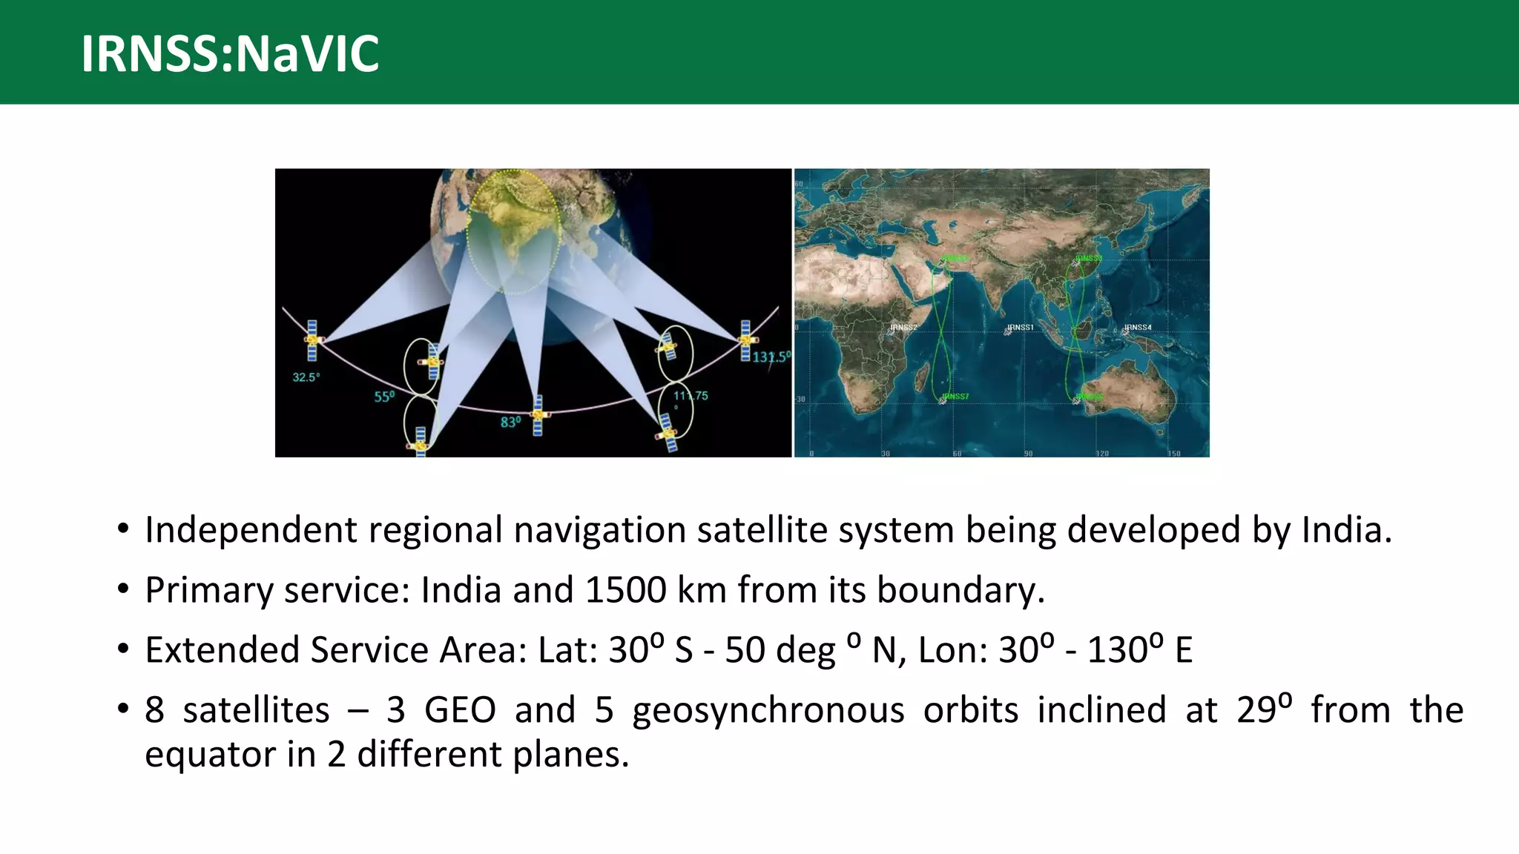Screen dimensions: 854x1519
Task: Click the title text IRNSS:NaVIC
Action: click(230, 53)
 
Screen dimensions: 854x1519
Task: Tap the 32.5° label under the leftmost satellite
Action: click(306, 377)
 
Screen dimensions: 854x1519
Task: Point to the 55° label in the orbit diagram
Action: click(384, 397)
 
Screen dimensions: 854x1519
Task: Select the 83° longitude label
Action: click(510, 422)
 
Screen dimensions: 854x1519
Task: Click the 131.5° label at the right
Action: click(771, 357)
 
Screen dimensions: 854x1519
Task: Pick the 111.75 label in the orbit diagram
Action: click(691, 396)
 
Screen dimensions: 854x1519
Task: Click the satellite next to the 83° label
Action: click(538, 415)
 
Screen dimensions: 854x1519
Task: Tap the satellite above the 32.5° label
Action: click(312, 340)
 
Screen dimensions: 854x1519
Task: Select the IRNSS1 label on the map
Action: click(1020, 327)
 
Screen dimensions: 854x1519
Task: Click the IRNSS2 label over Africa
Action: click(903, 327)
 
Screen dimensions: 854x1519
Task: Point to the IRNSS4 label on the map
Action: click(1138, 327)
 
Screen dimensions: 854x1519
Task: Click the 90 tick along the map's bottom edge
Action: click(1028, 453)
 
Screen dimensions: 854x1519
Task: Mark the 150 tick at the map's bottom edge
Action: click(1174, 453)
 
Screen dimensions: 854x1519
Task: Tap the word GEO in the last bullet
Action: click(460, 710)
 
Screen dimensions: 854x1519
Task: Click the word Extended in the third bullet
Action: click(222, 650)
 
